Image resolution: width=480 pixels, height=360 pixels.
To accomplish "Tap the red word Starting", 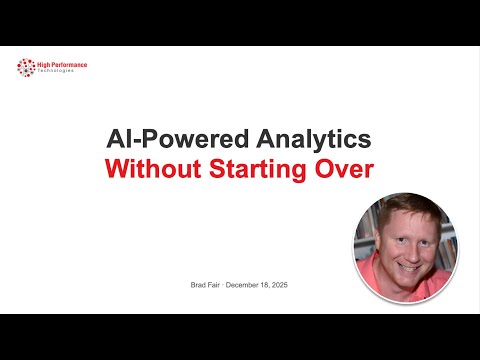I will [x=253, y=170].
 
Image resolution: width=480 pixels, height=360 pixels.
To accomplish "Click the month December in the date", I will [x=245, y=286].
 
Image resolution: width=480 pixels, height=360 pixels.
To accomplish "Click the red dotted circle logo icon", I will [x=25, y=68].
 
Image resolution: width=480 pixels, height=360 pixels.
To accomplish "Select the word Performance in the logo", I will [x=69, y=65].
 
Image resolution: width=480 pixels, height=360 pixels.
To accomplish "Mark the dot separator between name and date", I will [x=221, y=286].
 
